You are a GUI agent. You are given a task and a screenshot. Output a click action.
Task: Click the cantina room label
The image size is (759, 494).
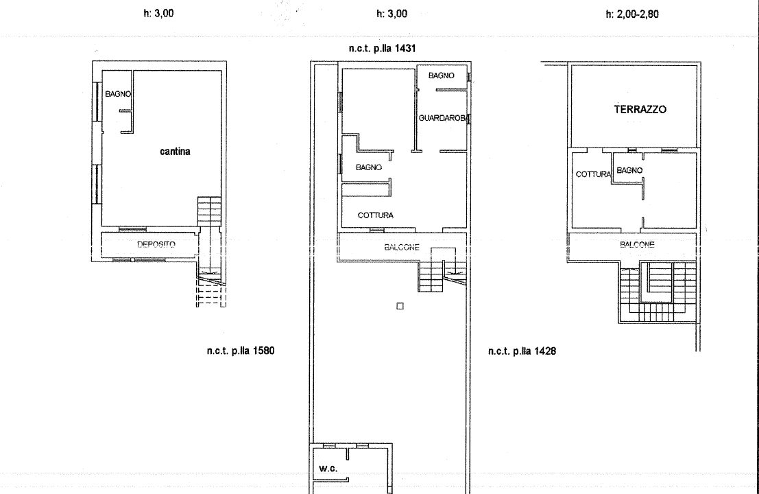(175, 152)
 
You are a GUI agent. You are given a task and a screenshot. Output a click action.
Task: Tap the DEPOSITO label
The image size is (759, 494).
(156, 244)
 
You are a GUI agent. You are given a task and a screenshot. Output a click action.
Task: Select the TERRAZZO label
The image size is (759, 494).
(640, 110)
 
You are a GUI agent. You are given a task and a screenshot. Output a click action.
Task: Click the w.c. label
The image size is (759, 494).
(328, 469)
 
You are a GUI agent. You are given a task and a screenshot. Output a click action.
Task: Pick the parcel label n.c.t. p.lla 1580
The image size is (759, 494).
(241, 351)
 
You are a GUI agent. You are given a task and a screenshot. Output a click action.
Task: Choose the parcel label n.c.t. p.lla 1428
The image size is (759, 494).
(522, 351)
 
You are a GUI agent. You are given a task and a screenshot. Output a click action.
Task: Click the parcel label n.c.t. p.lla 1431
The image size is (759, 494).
(382, 49)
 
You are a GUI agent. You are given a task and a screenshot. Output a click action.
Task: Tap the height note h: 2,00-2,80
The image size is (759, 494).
(632, 14)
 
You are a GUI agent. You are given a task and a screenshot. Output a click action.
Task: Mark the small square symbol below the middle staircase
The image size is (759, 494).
(400, 306)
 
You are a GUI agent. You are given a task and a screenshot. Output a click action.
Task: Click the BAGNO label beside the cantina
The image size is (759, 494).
(118, 94)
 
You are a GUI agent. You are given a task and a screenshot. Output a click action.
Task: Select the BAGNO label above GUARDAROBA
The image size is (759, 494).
(442, 75)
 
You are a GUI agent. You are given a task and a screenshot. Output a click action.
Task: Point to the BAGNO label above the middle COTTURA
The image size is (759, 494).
(369, 167)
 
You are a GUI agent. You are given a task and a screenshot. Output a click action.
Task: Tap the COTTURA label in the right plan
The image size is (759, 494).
(593, 174)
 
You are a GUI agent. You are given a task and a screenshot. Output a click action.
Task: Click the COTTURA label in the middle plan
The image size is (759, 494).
(376, 215)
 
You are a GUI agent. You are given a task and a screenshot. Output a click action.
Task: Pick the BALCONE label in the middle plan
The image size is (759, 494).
(402, 248)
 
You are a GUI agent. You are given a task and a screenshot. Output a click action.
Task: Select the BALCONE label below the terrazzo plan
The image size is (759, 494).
(637, 244)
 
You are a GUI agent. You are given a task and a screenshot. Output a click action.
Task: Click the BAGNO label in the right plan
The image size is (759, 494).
(629, 170)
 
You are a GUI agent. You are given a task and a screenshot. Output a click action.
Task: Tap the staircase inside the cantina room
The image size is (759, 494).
(209, 211)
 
